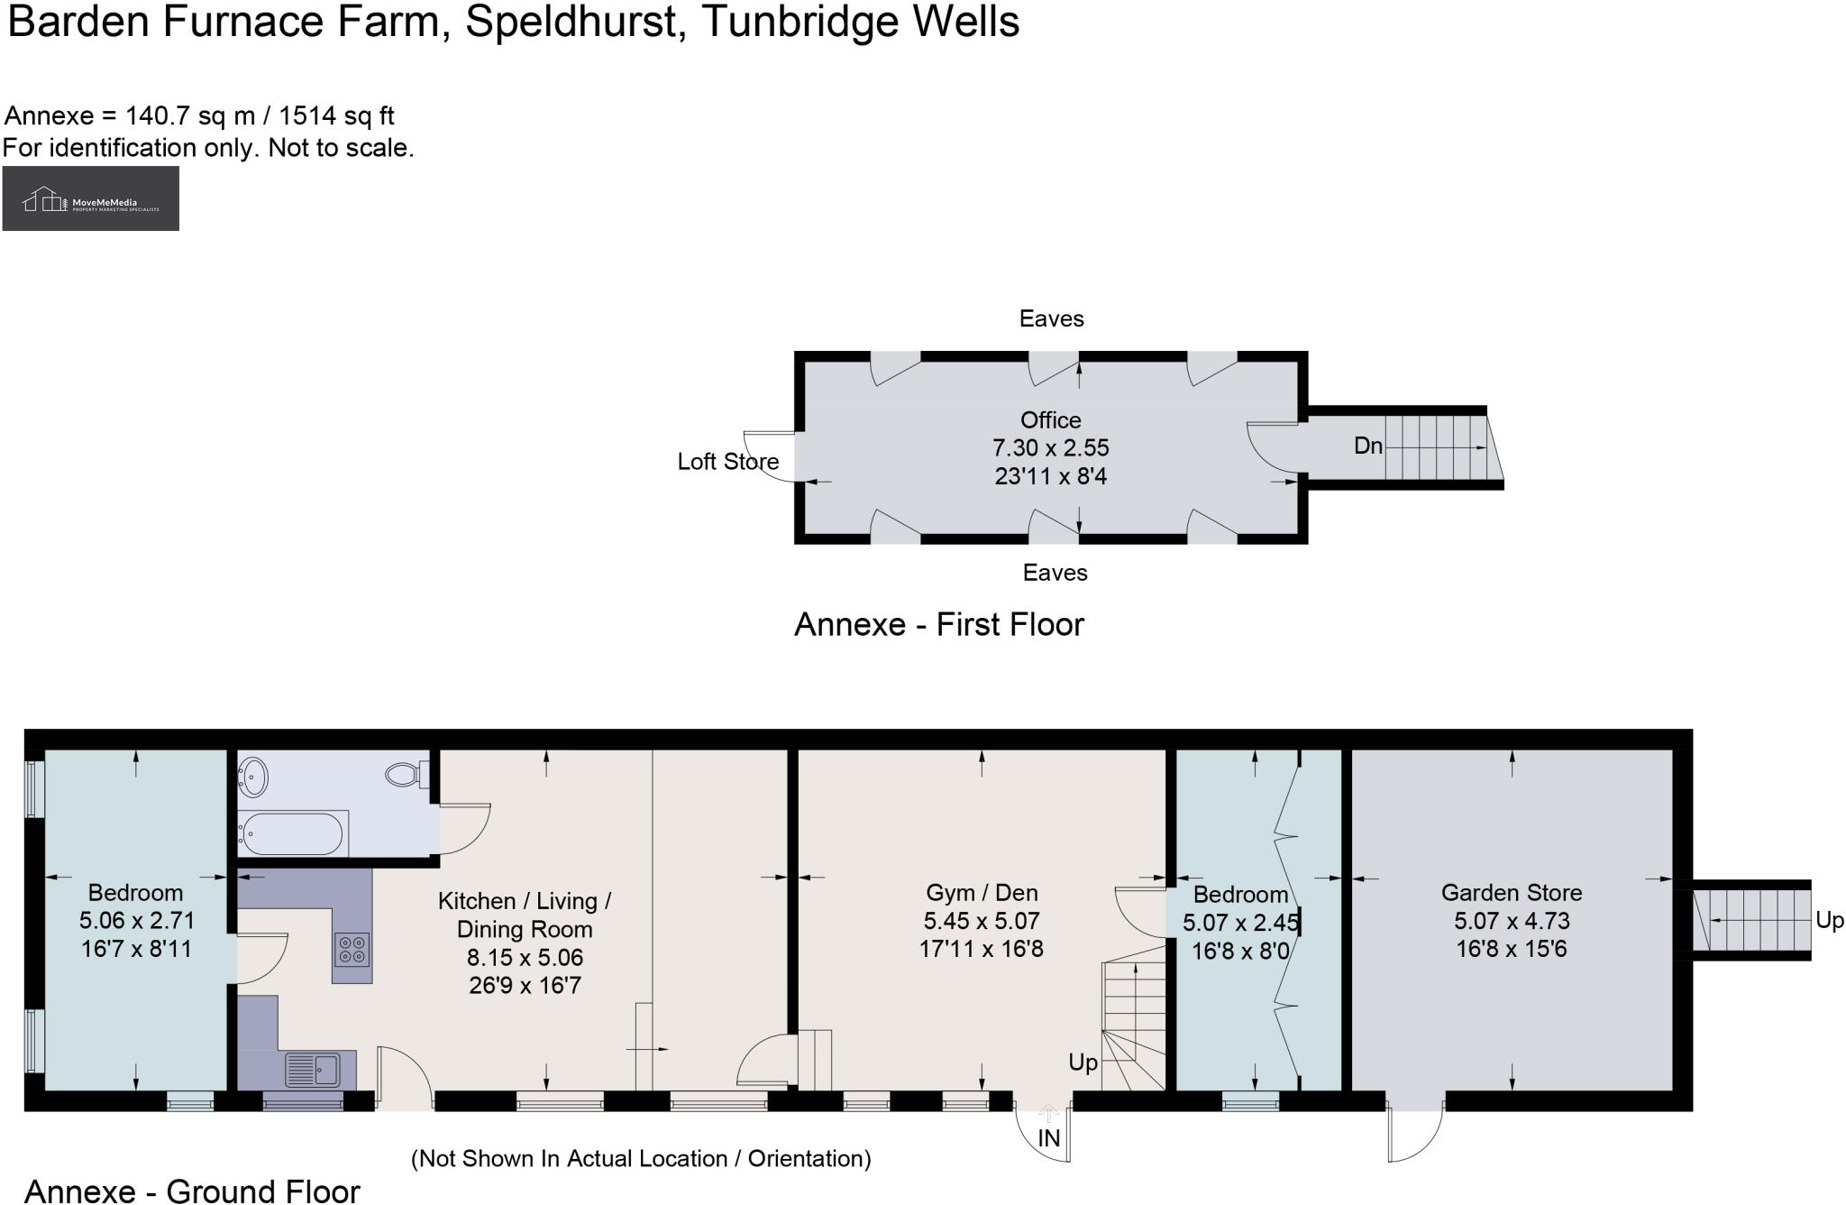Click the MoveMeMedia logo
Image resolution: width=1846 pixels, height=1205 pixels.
pyautogui.click(x=90, y=198)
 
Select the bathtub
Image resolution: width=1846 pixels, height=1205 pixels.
pyautogui.click(x=290, y=833)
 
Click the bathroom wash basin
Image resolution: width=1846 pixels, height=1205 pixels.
pyautogui.click(x=253, y=777)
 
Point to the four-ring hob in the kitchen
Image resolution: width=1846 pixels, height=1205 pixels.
pyautogui.click(x=352, y=949)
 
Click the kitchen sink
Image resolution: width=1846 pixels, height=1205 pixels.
pyautogui.click(x=312, y=1071)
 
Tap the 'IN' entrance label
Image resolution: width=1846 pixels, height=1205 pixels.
pyautogui.click(x=1048, y=1139)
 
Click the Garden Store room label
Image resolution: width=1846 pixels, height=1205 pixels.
pyautogui.click(x=1511, y=893)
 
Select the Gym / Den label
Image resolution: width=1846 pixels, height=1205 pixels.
pyautogui.click(x=982, y=893)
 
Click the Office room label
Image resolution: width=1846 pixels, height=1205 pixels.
pyautogui.click(x=1050, y=420)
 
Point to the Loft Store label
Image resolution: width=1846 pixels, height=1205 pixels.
pyautogui.click(x=727, y=462)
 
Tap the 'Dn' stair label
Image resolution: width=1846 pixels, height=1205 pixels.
pyautogui.click(x=1367, y=446)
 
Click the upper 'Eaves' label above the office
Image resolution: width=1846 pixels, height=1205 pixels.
pyautogui.click(x=1051, y=318)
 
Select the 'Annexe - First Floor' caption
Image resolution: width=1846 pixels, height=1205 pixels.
pyautogui.click(x=938, y=624)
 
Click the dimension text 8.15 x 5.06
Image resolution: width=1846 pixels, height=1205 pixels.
pyautogui.click(x=525, y=957)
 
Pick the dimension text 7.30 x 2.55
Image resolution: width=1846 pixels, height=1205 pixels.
pyautogui.click(x=1050, y=448)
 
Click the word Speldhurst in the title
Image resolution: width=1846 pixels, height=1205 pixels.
pyautogui.click(x=571, y=22)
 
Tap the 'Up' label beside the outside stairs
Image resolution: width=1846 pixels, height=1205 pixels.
pyautogui.click(x=1829, y=921)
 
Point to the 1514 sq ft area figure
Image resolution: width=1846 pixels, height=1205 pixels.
pyautogui.click(x=336, y=116)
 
